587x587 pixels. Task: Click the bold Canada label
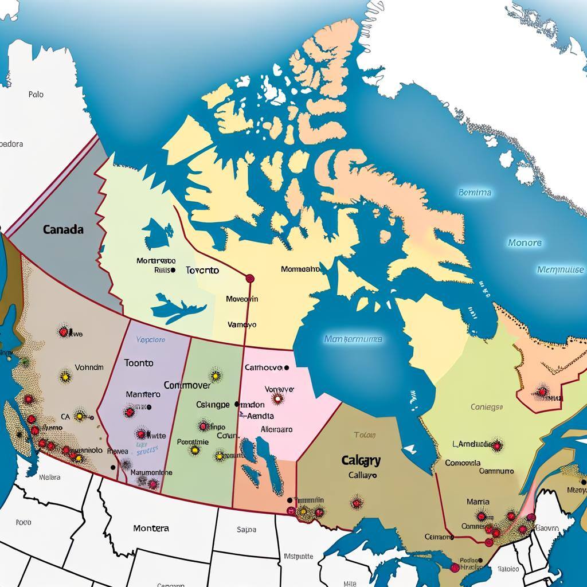[x=63, y=229]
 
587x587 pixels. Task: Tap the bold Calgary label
[x=361, y=460]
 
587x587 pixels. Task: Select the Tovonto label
[x=202, y=270]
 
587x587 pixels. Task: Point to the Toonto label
[x=138, y=363]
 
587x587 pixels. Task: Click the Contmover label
[x=187, y=386]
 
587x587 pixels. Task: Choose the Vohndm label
[x=89, y=367]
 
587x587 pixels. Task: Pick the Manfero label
[x=143, y=394]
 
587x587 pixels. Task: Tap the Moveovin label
[x=242, y=299]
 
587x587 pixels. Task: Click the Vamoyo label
[x=242, y=324]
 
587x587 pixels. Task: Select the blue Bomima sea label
[x=475, y=193]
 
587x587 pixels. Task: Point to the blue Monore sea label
[x=524, y=243]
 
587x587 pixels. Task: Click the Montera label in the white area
[x=151, y=528]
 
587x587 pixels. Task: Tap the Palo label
[x=36, y=94]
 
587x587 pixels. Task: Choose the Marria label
[x=478, y=502]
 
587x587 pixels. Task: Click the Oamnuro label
[x=496, y=471]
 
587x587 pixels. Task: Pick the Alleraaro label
[x=276, y=429]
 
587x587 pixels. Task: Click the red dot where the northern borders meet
[x=249, y=278]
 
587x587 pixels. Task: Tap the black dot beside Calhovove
[x=286, y=368]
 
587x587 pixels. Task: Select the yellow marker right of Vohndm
[x=65, y=377]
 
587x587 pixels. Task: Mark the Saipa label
[x=246, y=530]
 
